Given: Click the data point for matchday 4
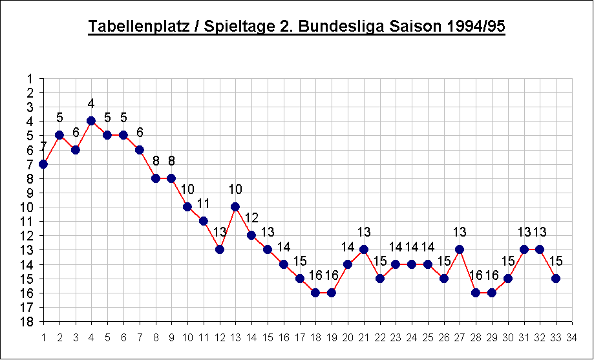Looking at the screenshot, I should tap(91, 121).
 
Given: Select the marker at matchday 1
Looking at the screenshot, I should tap(43, 164).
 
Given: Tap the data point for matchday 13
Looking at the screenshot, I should tap(235, 207).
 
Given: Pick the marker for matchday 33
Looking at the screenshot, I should tap(555, 279).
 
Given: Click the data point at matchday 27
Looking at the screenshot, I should tap(460, 249).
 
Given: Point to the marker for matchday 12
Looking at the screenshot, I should tap(219, 249).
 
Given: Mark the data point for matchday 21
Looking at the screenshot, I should tap(363, 249).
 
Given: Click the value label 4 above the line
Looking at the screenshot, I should tap(91, 103).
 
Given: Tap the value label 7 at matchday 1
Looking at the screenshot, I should tap(43, 147).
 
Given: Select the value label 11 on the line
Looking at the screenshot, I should tap(204, 204).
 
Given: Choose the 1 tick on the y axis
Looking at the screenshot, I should tap(30, 78).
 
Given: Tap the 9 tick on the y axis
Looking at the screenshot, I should tap(30, 193).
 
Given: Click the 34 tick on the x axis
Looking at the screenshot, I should tap(571, 337).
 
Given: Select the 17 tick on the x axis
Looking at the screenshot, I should tap(299, 337).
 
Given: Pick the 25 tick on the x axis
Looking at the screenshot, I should tap(427, 337).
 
